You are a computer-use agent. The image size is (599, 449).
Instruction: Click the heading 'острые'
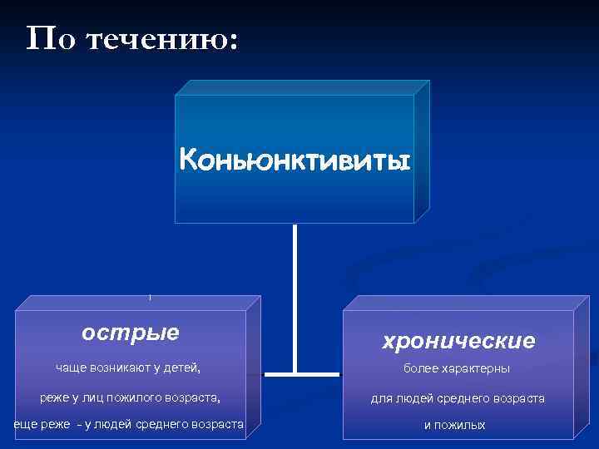[131, 333]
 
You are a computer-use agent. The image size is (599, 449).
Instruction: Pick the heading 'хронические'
[458, 341]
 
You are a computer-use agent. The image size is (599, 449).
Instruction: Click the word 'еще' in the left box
[24, 425]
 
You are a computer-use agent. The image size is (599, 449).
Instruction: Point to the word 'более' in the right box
[421, 368]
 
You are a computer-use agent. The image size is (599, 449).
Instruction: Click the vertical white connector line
[295, 291]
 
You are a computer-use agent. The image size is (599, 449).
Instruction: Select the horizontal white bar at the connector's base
[295, 369]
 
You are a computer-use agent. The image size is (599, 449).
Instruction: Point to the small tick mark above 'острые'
[150, 297]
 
